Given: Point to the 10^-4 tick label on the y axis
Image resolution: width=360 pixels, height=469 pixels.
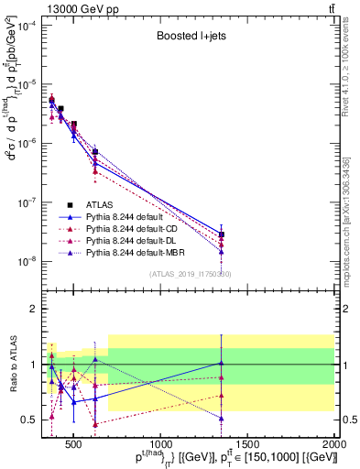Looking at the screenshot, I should coord(25,25).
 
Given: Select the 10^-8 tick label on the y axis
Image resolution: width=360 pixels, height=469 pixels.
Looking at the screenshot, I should coord(25,261).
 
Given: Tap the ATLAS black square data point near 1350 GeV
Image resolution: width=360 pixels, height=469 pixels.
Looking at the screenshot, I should coord(222,234).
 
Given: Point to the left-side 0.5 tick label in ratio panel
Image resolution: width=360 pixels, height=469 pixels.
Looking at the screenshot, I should coord(29,420).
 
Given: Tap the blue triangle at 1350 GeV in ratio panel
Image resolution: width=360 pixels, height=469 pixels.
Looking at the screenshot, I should coord(222,364).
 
